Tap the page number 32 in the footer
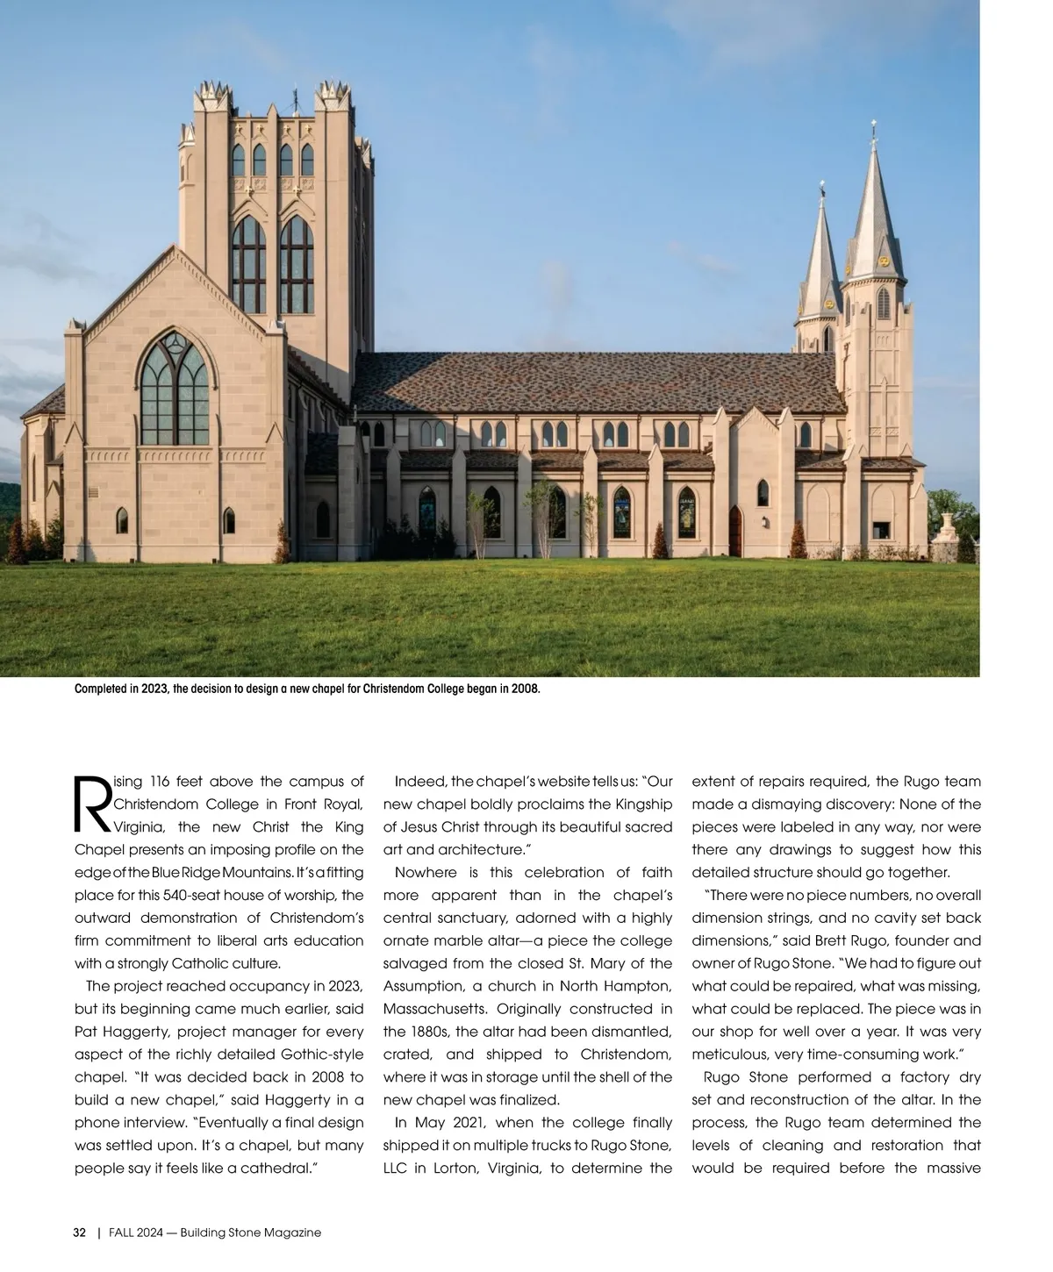(79, 1233)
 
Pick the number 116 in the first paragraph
(160, 781)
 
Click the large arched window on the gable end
(175, 390)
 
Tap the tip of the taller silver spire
(874, 127)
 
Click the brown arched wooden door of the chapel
(735, 532)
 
